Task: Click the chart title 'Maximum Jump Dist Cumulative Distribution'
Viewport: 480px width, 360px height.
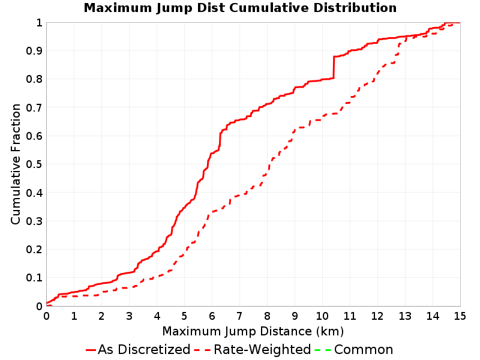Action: (240, 8)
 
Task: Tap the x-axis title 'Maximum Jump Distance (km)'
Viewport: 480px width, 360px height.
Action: (253, 331)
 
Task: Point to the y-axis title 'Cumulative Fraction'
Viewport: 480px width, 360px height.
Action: (16, 164)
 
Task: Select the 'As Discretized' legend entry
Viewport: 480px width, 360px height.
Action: (138, 349)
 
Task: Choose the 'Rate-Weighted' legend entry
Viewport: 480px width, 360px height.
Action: (253, 349)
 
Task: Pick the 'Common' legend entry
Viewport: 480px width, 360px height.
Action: (354, 349)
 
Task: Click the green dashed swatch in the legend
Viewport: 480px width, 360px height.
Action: (323, 350)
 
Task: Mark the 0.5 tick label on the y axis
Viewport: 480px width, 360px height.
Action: (34, 164)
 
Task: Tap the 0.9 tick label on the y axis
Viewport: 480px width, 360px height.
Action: (34, 51)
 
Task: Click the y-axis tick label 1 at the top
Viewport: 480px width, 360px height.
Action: (39, 23)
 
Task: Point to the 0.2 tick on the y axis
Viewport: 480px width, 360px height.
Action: (34, 250)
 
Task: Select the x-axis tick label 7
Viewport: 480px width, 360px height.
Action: (239, 316)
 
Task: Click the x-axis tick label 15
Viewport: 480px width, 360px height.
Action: (460, 316)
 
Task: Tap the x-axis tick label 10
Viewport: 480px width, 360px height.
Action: (322, 316)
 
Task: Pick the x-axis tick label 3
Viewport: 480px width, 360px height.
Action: (129, 316)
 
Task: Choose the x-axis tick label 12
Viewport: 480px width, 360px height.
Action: (377, 316)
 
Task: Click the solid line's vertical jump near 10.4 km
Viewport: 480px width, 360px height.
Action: (334, 67)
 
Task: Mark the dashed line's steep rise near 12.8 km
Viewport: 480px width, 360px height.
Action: (399, 49)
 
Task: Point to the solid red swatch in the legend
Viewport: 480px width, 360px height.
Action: (91, 350)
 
